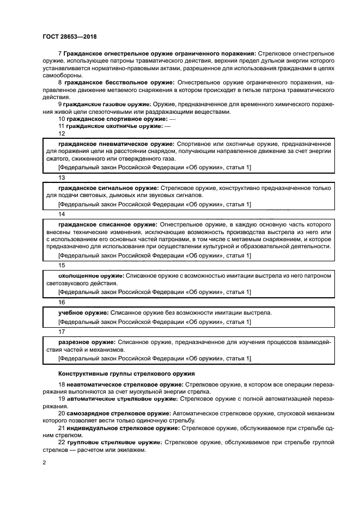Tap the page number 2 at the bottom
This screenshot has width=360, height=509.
(x=44, y=463)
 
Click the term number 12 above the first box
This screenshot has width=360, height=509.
(x=62, y=133)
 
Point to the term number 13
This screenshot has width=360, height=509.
(x=62, y=177)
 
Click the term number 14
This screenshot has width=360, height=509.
(x=62, y=214)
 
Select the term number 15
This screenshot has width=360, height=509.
(x=62, y=265)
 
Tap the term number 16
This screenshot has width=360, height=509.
(x=62, y=302)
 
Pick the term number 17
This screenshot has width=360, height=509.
(x=62, y=330)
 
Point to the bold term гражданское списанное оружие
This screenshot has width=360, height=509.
(x=108, y=224)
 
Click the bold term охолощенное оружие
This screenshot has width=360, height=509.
(x=90, y=275)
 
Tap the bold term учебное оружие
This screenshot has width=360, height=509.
(x=83, y=312)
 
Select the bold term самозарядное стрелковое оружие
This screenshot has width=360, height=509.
(x=119, y=413)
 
